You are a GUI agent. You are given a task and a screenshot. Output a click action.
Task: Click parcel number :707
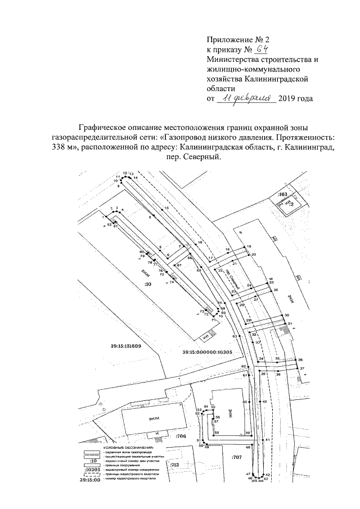[x=236, y=457]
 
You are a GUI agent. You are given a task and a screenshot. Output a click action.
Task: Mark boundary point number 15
[x=166, y=208]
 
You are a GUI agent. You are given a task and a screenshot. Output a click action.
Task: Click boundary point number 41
[x=268, y=439]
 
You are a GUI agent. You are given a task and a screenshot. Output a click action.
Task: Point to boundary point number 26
[x=276, y=290]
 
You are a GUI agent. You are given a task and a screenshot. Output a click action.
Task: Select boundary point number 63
[x=235, y=336]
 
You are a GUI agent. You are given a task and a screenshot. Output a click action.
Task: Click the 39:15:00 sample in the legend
[x=90, y=480]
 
